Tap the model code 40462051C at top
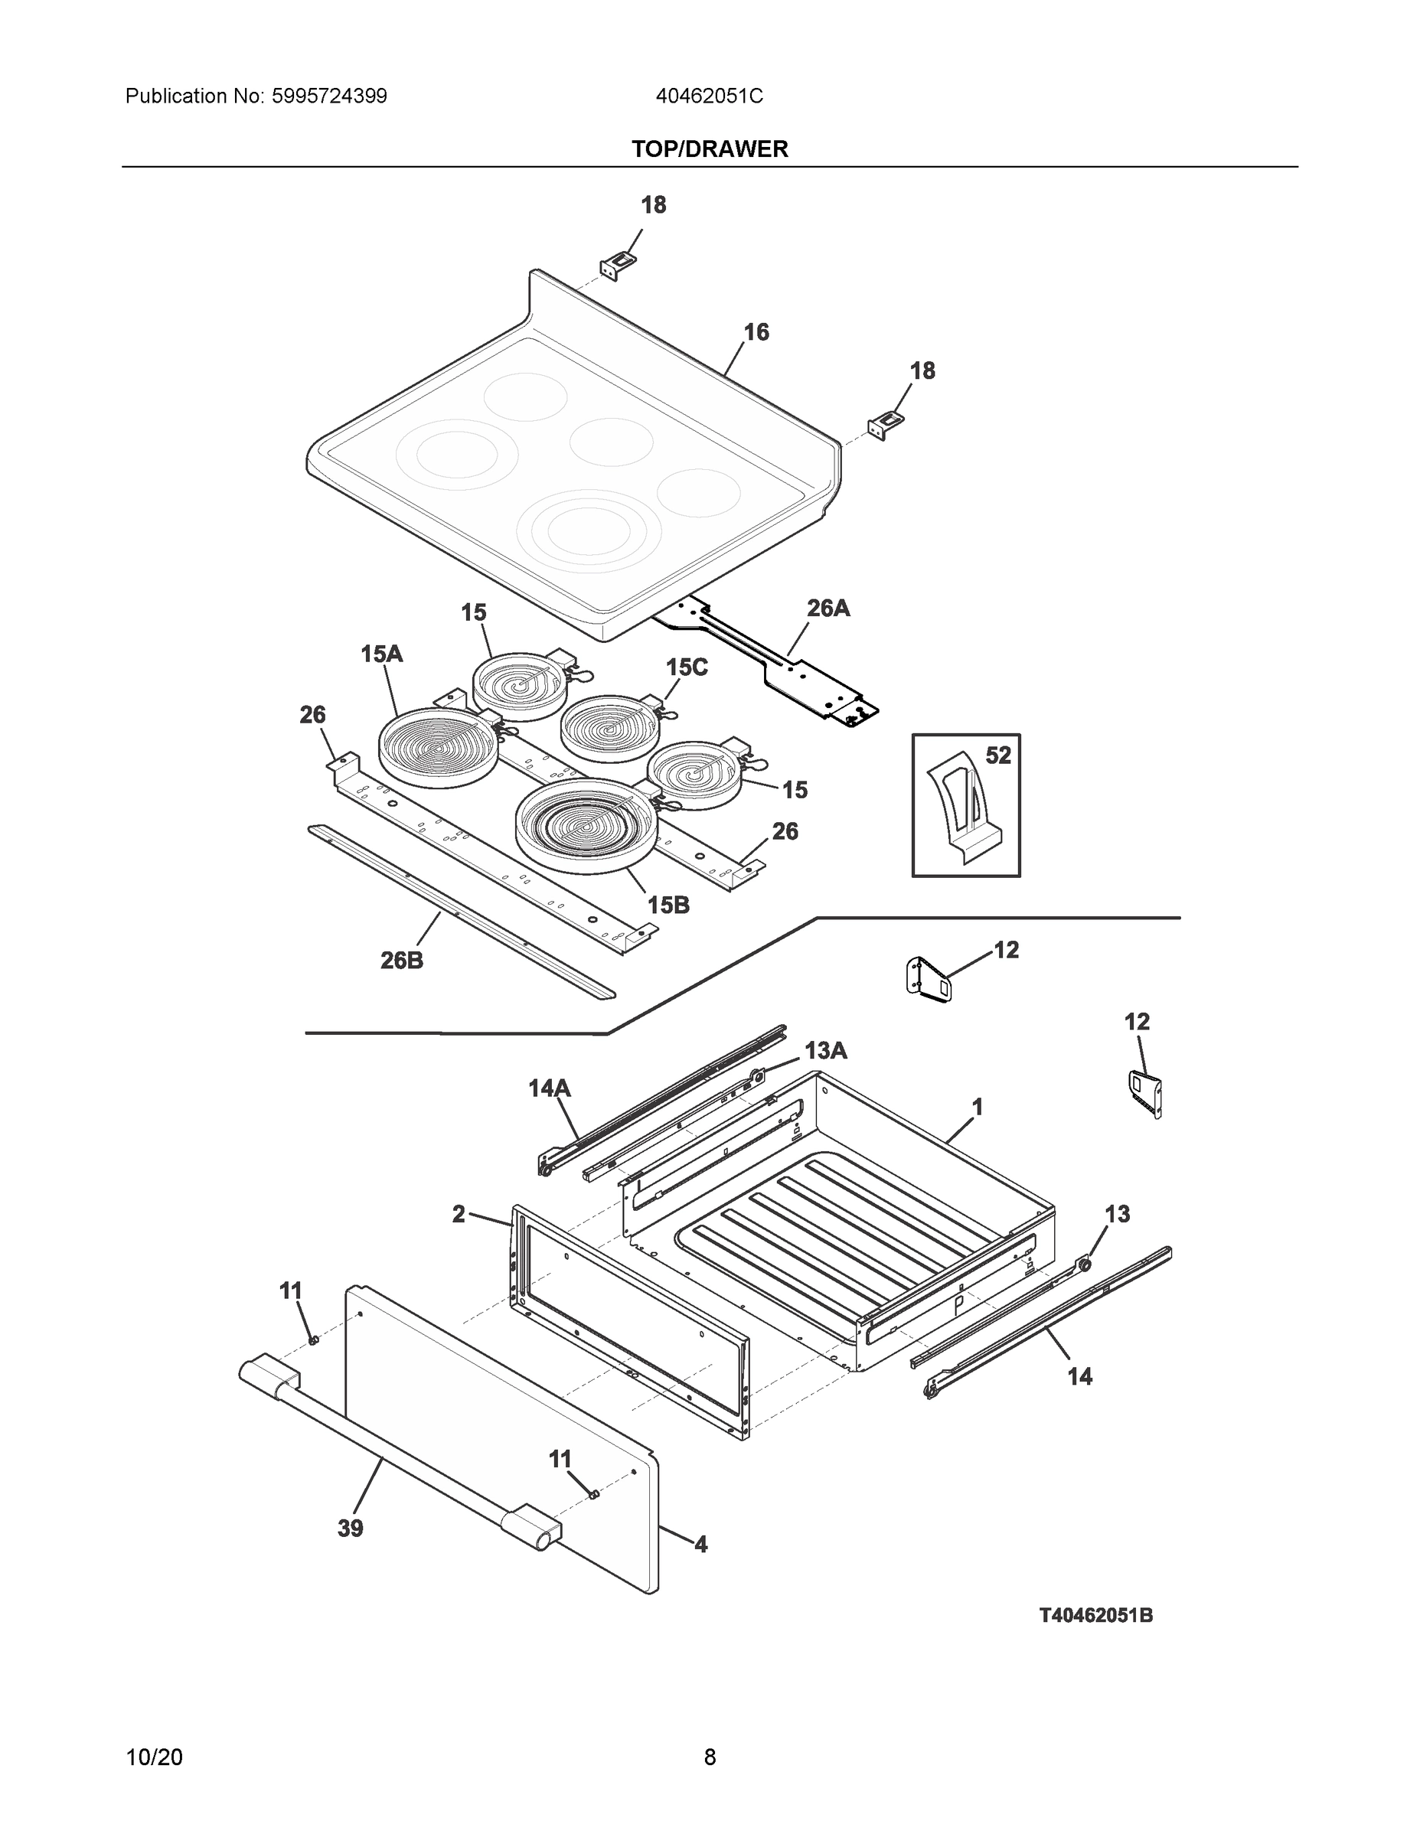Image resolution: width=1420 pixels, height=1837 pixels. (x=709, y=96)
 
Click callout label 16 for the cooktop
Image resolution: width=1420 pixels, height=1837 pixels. (x=756, y=333)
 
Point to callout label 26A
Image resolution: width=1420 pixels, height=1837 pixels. (x=828, y=609)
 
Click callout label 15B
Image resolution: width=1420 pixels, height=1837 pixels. (x=668, y=905)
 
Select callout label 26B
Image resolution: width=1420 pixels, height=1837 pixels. (x=401, y=960)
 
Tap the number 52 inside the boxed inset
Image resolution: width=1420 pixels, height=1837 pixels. (x=997, y=755)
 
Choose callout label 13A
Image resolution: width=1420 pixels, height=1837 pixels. (x=825, y=1051)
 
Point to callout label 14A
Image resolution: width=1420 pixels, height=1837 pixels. (x=550, y=1088)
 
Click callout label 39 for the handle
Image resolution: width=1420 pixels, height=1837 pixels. (x=350, y=1529)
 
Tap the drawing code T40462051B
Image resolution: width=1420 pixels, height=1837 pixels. (x=1095, y=1615)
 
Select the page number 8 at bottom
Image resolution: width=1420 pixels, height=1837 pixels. (x=709, y=1757)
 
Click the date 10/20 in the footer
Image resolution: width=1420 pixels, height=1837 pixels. (x=154, y=1757)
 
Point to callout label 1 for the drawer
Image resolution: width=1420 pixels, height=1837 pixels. (x=977, y=1107)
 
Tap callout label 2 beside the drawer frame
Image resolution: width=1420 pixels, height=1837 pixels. (x=459, y=1214)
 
